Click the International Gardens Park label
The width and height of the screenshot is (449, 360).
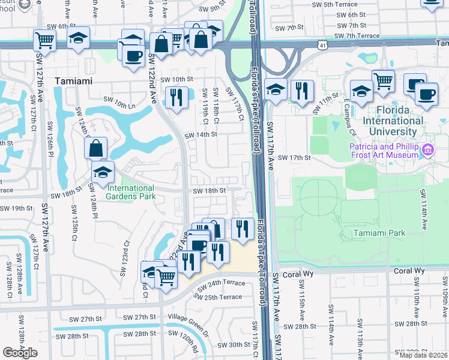pos(130,192)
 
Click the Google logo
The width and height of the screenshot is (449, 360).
pos(20,353)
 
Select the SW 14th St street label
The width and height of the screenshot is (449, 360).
pos(200,135)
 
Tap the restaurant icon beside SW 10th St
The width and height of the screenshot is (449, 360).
pos(176,97)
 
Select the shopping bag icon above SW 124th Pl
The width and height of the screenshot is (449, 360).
pos(96,147)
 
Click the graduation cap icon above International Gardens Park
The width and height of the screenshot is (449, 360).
pos(103,172)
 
